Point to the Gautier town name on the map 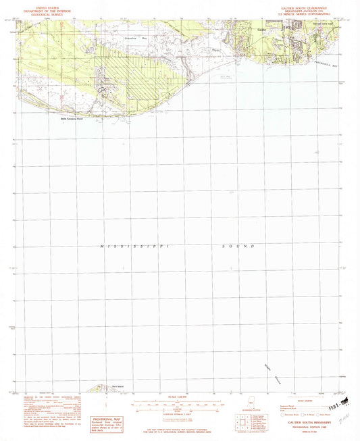(262, 29)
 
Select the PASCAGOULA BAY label (330, 65)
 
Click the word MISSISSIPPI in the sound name (126, 247)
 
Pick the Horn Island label (118, 387)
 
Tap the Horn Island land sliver (101, 389)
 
